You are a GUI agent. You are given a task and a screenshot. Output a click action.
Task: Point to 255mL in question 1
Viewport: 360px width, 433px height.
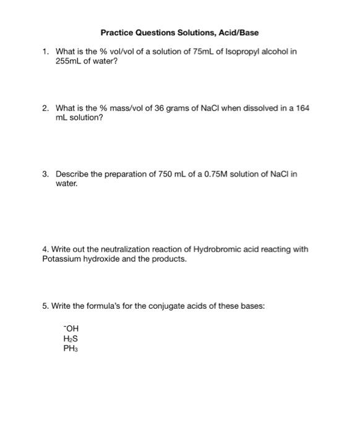point(68,62)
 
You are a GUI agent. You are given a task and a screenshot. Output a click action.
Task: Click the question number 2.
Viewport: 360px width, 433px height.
point(45,108)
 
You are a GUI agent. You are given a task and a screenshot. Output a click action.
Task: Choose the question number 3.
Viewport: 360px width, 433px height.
point(45,174)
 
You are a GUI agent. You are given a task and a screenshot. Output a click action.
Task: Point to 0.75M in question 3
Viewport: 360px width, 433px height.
point(214,174)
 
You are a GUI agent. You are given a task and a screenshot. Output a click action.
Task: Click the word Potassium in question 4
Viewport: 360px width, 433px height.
point(59,259)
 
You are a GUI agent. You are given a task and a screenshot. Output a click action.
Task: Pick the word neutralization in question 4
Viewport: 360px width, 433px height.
point(117,249)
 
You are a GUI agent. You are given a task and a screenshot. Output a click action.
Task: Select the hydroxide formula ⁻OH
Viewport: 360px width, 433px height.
point(71,328)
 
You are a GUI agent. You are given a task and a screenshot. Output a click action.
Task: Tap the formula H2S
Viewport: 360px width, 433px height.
point(71,338)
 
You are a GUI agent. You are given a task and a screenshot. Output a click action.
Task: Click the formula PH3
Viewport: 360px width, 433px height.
point(71,348)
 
